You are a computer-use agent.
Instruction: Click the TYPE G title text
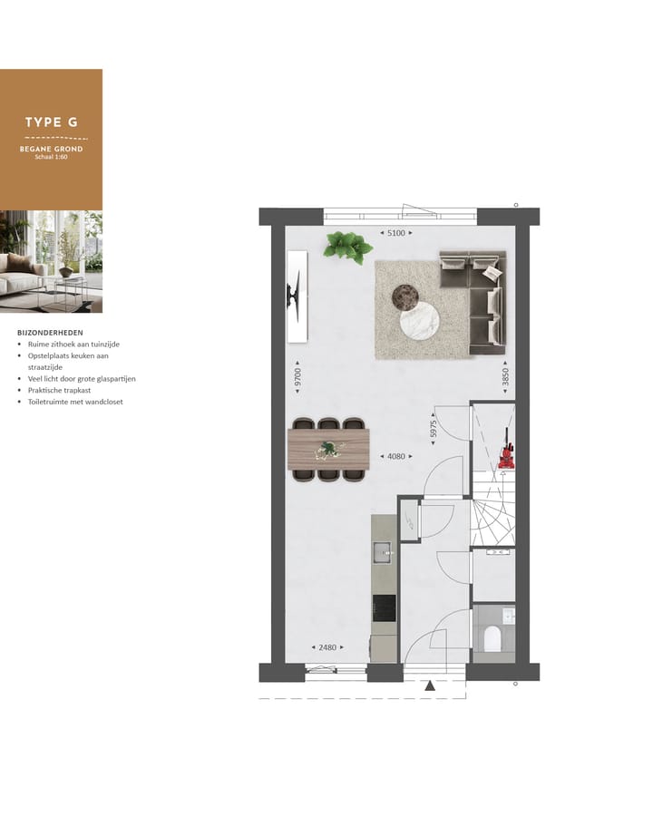pyautogui.click(x=51, y=121)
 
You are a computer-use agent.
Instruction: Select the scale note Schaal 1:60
pyautogui.click(x=51, y=157)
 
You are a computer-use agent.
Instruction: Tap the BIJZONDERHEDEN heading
pyautogui.click(x=50, y=333)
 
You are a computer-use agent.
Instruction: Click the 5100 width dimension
pyautogui.click(x=396, y=233)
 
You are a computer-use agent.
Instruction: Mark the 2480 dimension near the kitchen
pyautogui.click(x=326, y=647)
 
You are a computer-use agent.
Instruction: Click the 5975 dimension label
pyautogui.click(x=434, y=430)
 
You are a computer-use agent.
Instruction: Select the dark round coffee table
pyautogui.click(x=404, y=296)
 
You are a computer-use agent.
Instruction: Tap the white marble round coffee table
pyautogui.click(x=420, y=321)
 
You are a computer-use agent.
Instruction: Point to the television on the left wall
pyautogui.click(x=296, y=296)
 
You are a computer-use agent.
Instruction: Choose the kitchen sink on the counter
pyautogui.click(x=384, y=550)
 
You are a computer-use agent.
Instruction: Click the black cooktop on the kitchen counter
pyautogui.click(x=385, y=608)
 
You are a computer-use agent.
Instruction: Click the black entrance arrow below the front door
pyautogui.click(x=430, y=686)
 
